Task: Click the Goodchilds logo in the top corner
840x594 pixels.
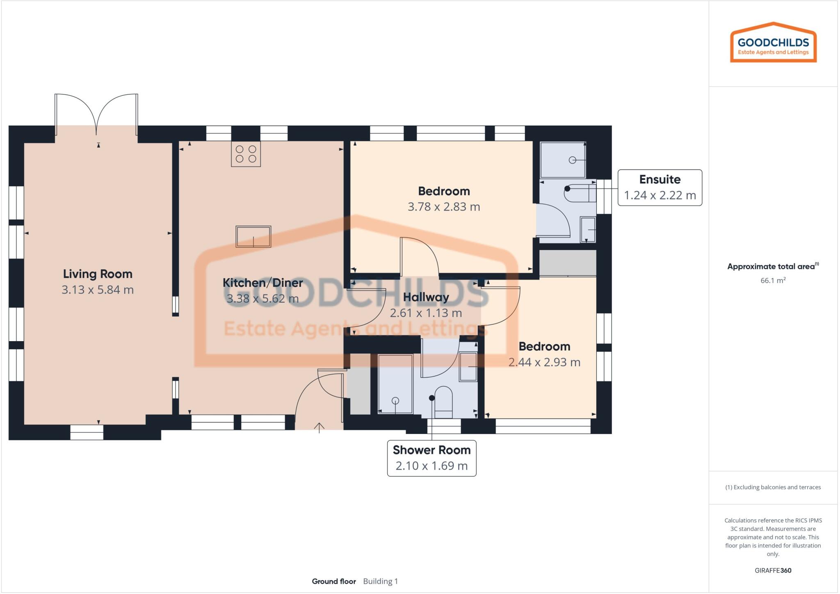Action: coord(773,43)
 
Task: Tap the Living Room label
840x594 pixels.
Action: coord(98,274)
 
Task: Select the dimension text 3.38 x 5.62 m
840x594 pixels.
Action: coord(262,298)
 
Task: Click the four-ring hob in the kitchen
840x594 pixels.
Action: coord(246,154)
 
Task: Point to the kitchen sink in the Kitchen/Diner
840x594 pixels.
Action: coord(253,236)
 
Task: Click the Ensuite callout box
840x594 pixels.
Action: coord(660,188)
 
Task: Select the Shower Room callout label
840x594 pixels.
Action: coord(431,450)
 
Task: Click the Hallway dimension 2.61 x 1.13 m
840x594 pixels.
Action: coord(426,313)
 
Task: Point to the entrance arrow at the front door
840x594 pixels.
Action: coord(319,427)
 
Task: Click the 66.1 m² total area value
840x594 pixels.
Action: coord(773,280)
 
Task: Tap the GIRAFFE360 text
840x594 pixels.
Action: coord(773,570)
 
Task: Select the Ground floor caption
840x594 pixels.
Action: coord(334,581)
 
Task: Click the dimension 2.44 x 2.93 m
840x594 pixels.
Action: coord(544,362)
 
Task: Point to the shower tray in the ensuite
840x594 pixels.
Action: coord(562,160)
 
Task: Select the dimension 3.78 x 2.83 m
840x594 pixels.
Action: coord(444,206)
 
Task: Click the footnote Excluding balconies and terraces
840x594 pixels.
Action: coord(773,487)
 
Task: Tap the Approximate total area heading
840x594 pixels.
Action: coord(771,266)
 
